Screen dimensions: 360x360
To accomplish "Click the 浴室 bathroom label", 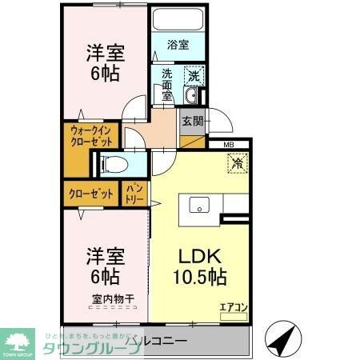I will (x=178, y=46).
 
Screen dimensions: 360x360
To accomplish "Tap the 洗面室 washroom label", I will (x=167, y=84).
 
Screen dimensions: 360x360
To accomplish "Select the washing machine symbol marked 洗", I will (x=193, y=76).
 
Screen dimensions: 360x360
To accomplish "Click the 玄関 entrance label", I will (x=192, y=122).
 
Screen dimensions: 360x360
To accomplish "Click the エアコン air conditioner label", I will (x=233, y=306).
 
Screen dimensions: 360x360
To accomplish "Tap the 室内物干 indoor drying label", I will (x=111, y=300).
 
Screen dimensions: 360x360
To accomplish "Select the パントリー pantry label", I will (x=134, y=194).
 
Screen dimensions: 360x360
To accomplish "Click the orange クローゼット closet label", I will (x=90, y=194).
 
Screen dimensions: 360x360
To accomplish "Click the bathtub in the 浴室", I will (x=178, y=21).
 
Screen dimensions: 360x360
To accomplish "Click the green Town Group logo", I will (x=19, y=340).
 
